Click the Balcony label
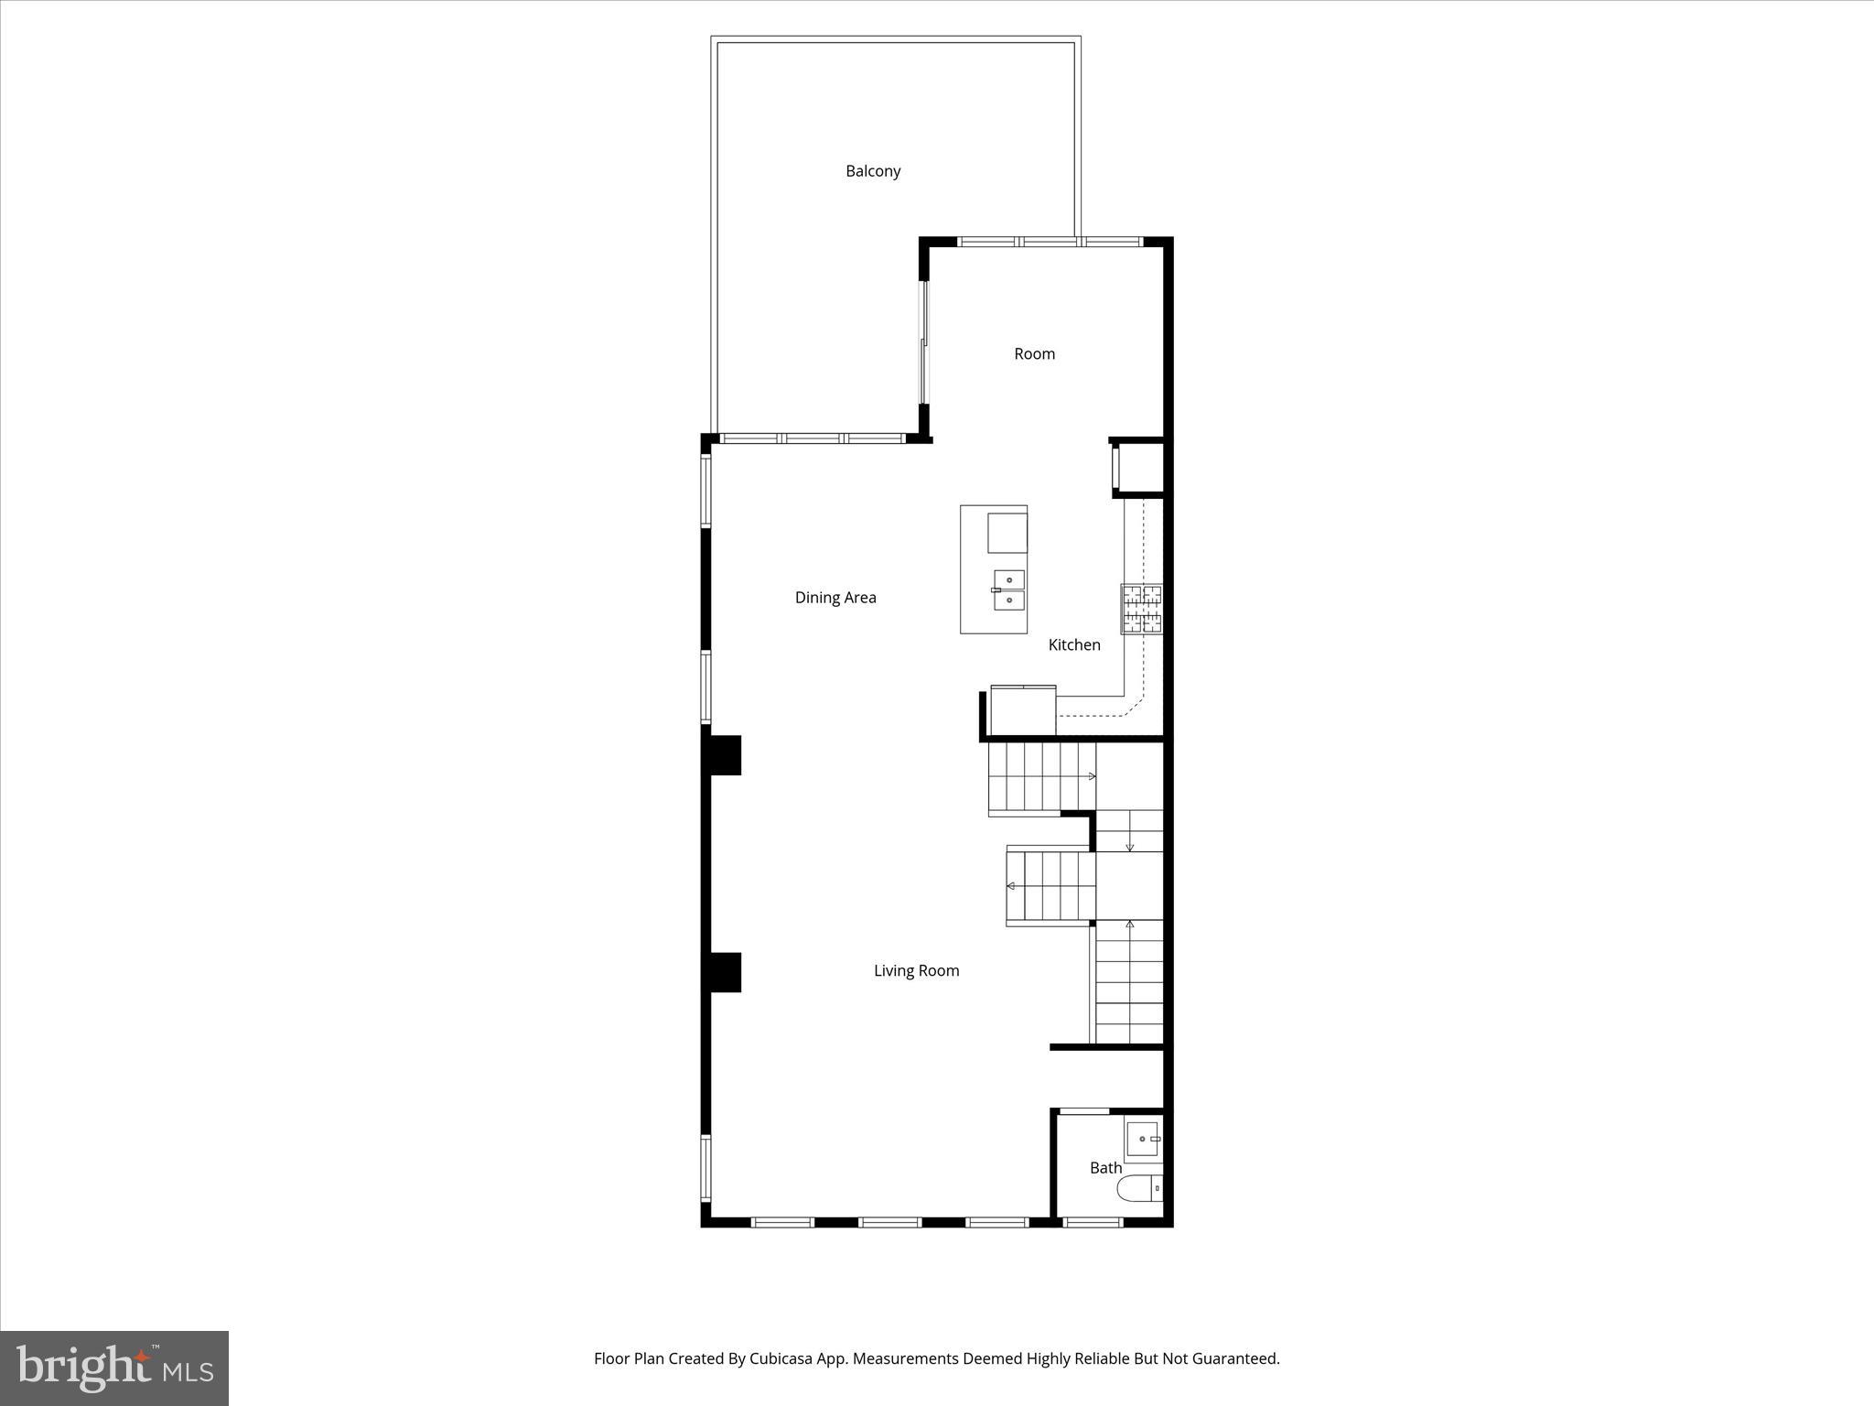tap(873, 171)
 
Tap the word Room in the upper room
tap(1034, 354)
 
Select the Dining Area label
tap(835, 598)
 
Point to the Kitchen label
tap(1074, 645)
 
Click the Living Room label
tap(916, 971)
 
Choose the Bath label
tap(1105, 1168)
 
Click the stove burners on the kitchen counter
tap(1142, 609)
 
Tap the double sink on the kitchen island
tap(1008, 589)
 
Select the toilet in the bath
tap(1139, 1188)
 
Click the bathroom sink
tap(1143, 1139)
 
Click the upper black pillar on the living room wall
tap(722, 755)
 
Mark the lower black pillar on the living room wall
tap(722, 972)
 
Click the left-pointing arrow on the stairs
tap(1011, 886)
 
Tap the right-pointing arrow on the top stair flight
tap(1091, 776)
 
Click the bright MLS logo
tap(114, 1368)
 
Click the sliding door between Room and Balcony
tap(924, 341)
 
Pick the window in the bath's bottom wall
tap(1093, 1221)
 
